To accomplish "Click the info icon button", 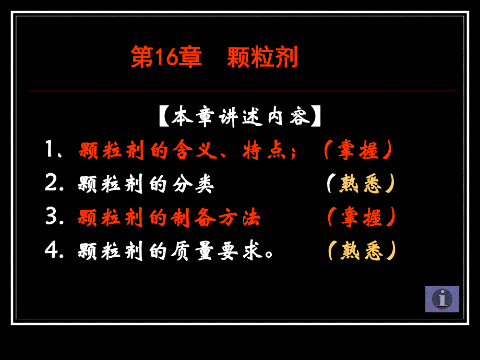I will click(442, 299).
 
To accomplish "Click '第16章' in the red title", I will click(166, 57).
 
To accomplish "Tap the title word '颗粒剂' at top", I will click(262, 57).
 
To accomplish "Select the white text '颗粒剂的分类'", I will click(146, 185).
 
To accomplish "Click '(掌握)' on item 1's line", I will click(357, 151).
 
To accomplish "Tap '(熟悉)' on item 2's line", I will click(361, 185).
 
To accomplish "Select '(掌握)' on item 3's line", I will click(361, 218).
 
